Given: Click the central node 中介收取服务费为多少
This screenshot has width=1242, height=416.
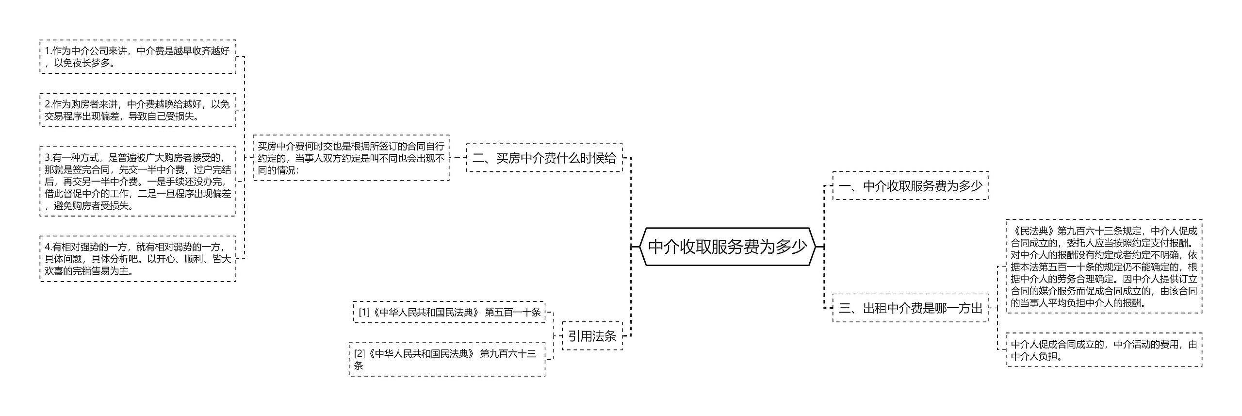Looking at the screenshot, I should click(727, 247).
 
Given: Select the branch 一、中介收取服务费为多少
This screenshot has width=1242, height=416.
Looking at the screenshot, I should click(910, 186).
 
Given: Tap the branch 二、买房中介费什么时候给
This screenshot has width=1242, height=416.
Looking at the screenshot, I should click(544, 158).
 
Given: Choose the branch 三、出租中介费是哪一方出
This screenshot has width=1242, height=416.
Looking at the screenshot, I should click(910, 308).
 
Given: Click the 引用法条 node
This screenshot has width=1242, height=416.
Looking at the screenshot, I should click(592, 336).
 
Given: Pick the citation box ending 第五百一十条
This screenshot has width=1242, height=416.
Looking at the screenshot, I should click(449, 312).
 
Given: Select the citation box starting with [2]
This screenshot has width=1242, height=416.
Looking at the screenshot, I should click(446, 359).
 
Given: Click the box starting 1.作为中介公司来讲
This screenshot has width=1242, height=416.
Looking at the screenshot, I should click(138, 57).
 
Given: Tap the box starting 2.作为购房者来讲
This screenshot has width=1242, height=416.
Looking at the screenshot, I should click(138, 110).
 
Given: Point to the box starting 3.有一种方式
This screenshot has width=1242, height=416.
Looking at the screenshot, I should click(138, 182).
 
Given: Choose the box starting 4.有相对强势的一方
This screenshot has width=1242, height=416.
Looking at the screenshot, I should click(138, 259).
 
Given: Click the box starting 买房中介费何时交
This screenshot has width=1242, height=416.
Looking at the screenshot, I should click(351, 158).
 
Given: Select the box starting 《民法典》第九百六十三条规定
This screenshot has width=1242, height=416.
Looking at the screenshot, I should click(1104, 266).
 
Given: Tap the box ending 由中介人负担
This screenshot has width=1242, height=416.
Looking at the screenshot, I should click(1104, 350).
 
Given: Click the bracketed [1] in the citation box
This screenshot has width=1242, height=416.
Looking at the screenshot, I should click(364, 312).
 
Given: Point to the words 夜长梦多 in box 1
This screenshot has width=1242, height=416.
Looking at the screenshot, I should click(92, 63).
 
